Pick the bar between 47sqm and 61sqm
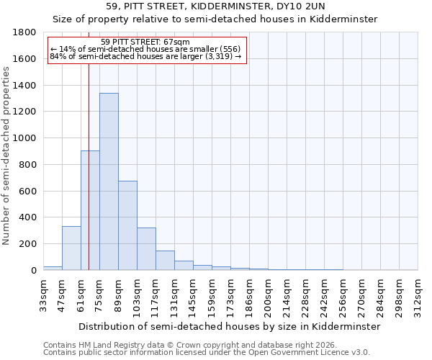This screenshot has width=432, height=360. click(71, 248)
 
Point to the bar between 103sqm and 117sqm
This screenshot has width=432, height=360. click(146, 249)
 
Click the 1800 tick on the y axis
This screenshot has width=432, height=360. click(26, 32)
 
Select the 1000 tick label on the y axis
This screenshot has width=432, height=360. click(26, 138)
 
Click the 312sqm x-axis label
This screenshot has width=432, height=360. click(418, 295)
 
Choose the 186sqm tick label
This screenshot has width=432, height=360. click(250, 295)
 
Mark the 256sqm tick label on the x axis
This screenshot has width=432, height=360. click(343, 295)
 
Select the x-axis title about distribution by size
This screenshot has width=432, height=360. click(229, 326)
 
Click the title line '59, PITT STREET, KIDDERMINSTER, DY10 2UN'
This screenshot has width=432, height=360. click(215, 6)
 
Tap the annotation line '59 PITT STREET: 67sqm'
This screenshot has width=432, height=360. click(145, 42)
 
